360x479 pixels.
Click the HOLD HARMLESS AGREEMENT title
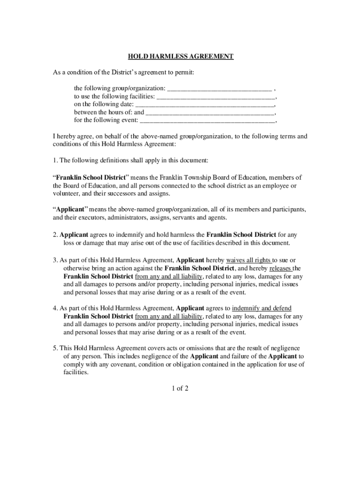181,57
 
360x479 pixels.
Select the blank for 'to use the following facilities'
216,97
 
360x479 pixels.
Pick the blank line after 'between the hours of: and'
210,113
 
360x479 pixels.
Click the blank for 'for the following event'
208,121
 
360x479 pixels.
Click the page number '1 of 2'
180,388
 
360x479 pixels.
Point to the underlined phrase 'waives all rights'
249,260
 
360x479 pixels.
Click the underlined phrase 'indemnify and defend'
262,308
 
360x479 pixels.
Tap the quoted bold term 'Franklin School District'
91,177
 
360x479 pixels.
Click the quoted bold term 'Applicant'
70,210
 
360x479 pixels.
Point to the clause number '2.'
55,235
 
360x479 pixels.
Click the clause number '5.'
55,348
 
